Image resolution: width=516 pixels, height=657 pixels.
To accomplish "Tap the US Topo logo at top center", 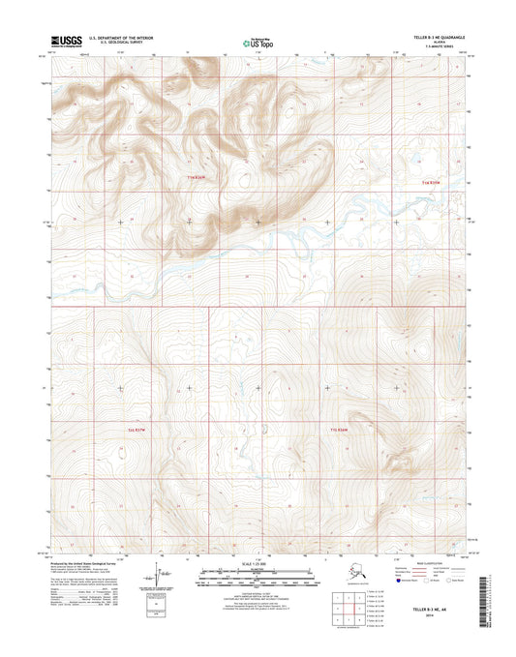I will [258, 42].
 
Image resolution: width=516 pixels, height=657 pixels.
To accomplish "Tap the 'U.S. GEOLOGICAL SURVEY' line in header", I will [115, 45].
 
